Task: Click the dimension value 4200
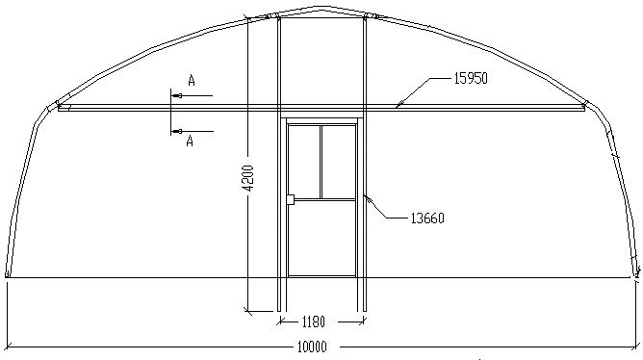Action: [248, 178]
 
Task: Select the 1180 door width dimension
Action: [313, 321]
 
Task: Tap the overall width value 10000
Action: [312, 347]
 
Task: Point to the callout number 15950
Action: [471, 78]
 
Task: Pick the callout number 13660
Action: [427, 219]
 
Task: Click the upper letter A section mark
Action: [192, 80]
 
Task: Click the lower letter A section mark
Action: [190, 141]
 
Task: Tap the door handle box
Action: [290, 199]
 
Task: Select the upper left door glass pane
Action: [304, 162]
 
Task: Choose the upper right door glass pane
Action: [338, 162]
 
